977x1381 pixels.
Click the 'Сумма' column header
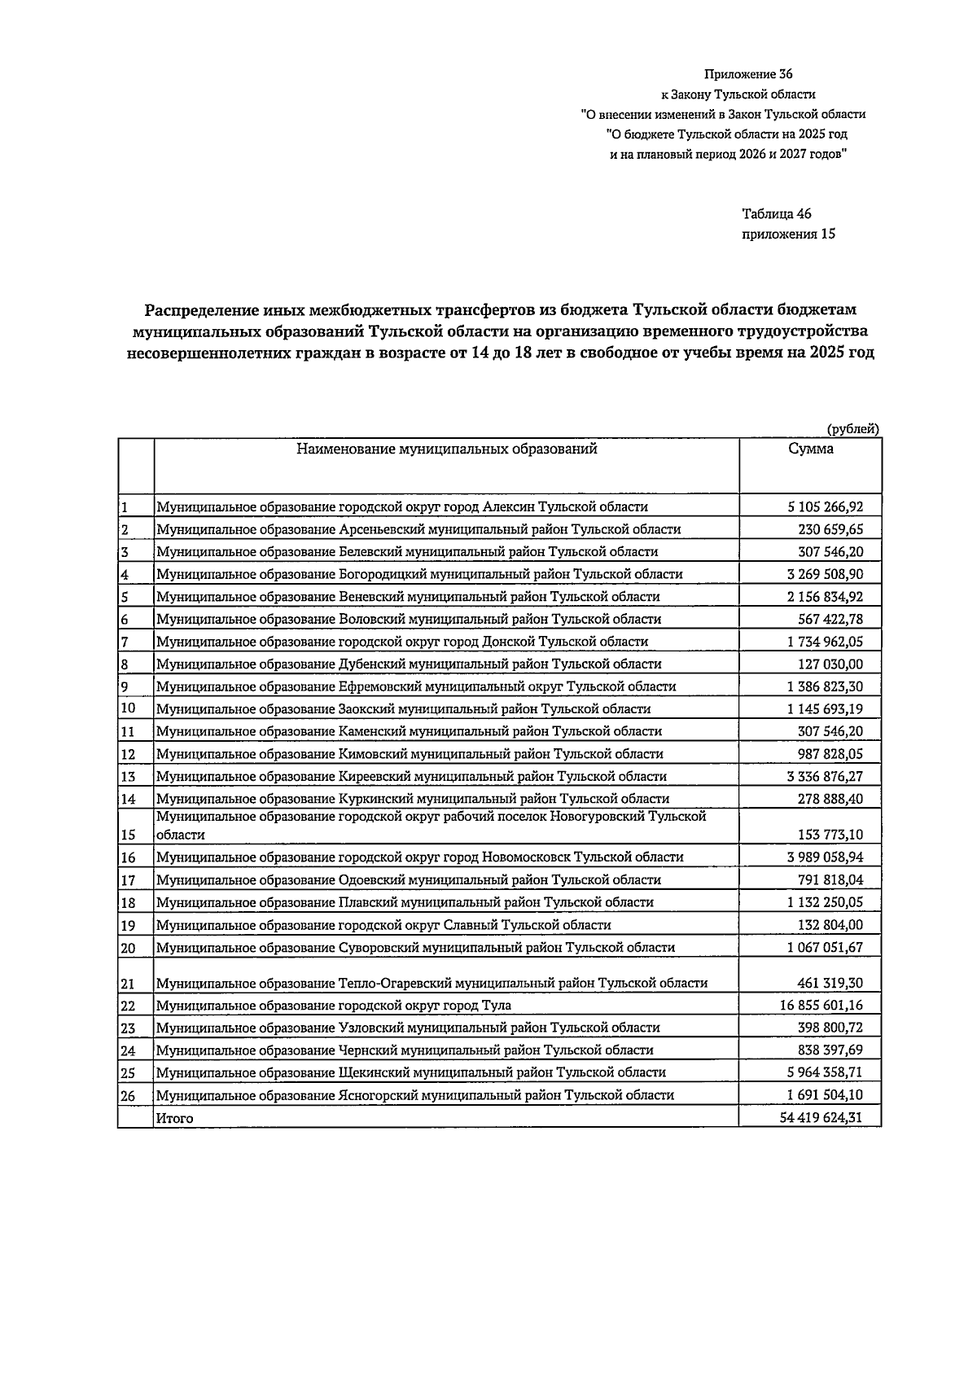tap(810, 449)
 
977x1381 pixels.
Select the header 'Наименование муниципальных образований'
tap(446, 449)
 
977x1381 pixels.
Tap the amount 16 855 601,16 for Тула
tap(821, 1006)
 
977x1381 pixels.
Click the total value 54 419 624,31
tap(821, 1118)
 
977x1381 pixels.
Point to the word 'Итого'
tap(175, 1119)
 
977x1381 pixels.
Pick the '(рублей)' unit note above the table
tap(852, 429)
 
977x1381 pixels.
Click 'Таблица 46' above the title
tap(776, 214)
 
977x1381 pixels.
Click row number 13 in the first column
tap(127, 777)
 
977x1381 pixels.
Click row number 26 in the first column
tap(128, 1096)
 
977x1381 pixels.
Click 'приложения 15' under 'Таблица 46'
tap(788, 235)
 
